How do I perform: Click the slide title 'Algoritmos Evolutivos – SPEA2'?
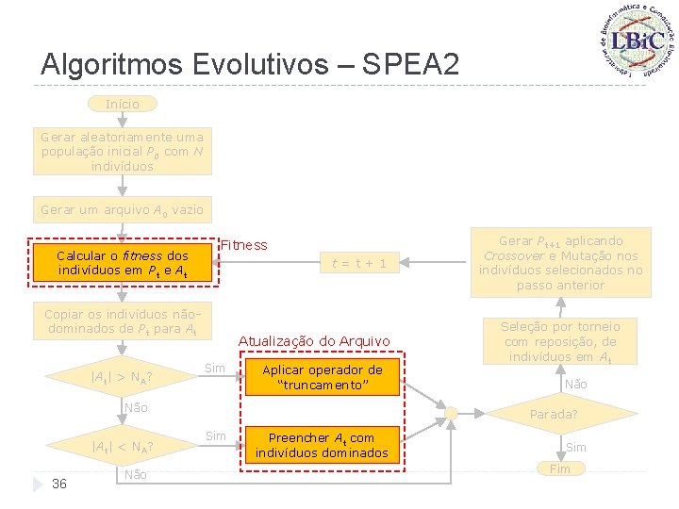pos(251,64)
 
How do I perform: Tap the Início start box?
pos(122,104)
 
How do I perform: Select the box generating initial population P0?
pos(122,152)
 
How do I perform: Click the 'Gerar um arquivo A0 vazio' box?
pos(122,209)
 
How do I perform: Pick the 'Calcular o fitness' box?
pos(122,264)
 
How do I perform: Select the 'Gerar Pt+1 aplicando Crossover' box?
pos(560,263)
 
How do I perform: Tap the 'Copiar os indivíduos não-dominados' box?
pos(122,321)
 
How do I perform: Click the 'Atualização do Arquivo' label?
pos(314,341)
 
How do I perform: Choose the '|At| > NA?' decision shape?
pos(122,378)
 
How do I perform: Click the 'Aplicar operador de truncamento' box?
pos(322,378)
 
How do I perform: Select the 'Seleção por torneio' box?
pos(560,341)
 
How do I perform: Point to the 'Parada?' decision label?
pos(554,415)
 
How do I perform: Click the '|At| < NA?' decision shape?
pos(122,446)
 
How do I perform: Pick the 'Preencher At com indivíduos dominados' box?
pos(322,445)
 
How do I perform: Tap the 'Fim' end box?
pos(560,468)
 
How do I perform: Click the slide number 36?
pos(59,484)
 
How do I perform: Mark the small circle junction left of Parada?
pos(452,414)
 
